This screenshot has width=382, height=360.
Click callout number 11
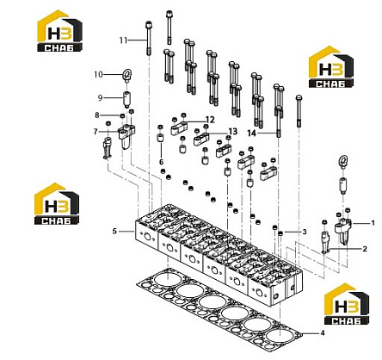click(123, 40)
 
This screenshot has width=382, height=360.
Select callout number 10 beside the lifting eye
click(98, 74)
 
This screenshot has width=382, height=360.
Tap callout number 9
click(100, 98)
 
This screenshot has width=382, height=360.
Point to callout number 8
click(97, 115)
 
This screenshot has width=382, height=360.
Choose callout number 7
click(95, 132)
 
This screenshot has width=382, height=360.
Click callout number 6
click(161, 162)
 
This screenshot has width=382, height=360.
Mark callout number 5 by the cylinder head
click(114, 231)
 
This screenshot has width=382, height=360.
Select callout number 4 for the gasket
click(323, 333)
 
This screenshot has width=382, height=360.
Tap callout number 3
click(305, 232)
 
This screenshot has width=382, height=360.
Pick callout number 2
click(365, 249)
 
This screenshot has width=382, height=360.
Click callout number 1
click(373, 222)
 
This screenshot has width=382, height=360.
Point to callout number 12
click(210, 120)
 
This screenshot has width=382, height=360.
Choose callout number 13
click(233, 132)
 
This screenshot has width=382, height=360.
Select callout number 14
click(251, 133)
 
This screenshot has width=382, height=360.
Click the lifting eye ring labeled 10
click(126, 75)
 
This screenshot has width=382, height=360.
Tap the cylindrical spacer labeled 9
click(126, 98)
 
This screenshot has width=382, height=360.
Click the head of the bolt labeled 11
click(149, 24)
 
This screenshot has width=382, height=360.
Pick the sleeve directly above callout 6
click(160, 137)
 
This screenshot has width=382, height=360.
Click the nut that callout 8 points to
click(122, 115)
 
